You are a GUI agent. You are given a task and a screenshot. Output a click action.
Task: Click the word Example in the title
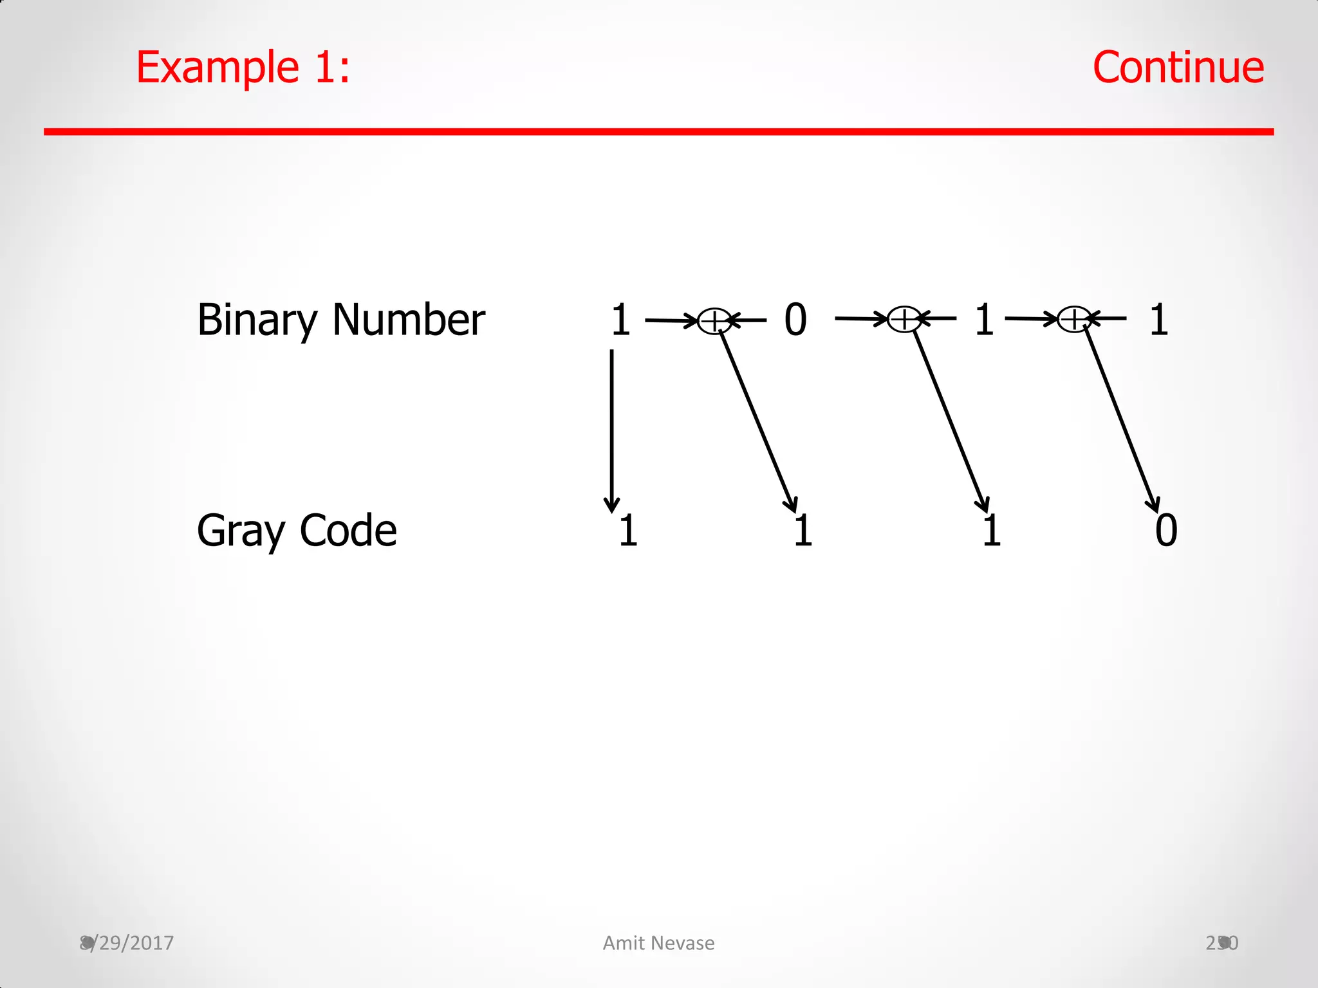pos(218,68)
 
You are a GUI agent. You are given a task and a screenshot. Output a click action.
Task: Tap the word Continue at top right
pos(1178,68)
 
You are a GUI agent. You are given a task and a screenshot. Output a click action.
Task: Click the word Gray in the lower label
pos(241,531)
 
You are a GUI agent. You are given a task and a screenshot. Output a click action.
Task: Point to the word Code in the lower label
pos(348,531)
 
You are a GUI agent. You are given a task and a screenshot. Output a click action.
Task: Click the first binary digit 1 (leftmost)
pos(620,320)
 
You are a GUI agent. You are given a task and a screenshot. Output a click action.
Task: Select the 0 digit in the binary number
pos(795,320)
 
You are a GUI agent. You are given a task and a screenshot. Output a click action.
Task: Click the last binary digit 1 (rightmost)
pos(1158,320)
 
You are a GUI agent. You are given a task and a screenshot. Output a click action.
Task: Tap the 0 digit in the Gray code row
pos(1166,531)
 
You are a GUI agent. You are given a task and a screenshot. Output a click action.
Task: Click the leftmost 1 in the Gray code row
pos(628,531)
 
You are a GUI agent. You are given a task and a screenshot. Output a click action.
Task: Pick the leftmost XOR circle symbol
pos(714,320)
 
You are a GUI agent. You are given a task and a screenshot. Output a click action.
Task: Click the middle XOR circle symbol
pos(904,319)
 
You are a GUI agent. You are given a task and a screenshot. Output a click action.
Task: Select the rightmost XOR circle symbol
pos(1073,319)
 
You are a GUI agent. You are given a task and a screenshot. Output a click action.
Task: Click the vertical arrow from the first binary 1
pos(611,431)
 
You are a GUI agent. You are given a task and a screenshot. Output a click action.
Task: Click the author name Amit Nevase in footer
pos(658,943)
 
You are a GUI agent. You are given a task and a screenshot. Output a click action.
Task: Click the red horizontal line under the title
pos(658,132)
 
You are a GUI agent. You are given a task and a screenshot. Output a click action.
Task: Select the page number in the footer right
pos(1221,943)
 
